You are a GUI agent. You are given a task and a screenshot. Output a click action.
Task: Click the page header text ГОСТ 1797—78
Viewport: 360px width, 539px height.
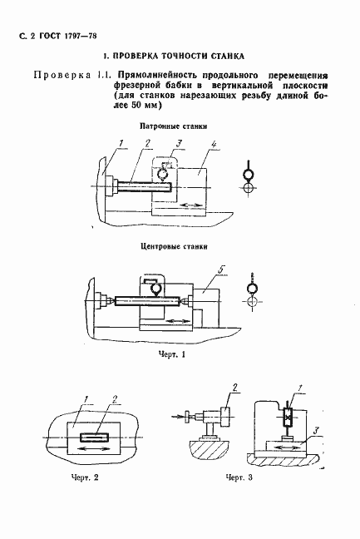click(x=68, y=36)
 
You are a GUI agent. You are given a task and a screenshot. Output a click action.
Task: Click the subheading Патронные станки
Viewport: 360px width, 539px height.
click(x=174, y=126)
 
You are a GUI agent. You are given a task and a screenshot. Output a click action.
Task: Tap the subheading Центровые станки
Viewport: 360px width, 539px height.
click(x=174, y=246)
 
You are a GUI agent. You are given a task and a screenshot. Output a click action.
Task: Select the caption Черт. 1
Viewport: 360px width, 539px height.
click(x=172, y=354)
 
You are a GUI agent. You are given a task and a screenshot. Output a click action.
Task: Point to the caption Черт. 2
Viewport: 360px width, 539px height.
click(x=85, y=477)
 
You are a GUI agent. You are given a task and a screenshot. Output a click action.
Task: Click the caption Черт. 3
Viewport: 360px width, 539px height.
click(x=239, y=477)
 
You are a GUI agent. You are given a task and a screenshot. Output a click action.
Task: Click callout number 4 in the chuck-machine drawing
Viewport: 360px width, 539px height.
click(x=214, y=145)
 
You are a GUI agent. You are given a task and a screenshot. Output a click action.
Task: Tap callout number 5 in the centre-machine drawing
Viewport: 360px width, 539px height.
click(x=221, y=269)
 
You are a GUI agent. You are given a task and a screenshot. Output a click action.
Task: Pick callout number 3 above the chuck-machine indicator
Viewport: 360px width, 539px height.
click(x=179, y=143)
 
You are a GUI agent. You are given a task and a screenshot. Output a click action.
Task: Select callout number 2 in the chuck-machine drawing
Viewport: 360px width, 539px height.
click(x=148, y=143)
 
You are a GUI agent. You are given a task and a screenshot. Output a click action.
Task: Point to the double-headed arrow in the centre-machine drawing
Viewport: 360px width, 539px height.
click(x=178, y=321)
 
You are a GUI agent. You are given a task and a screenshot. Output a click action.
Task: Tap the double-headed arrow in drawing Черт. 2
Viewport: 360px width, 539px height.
click(x=93, y=449)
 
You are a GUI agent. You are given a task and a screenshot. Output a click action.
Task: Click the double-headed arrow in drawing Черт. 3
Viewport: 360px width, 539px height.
click(x=287, y=448)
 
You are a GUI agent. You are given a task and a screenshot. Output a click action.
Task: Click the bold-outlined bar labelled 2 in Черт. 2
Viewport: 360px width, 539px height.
click(x=94, y=438)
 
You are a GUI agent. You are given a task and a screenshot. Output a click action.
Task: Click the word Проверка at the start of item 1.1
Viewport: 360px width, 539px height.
click(x=62, y=75)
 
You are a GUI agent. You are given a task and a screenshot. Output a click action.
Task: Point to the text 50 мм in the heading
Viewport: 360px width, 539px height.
click(x=142, y=106)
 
